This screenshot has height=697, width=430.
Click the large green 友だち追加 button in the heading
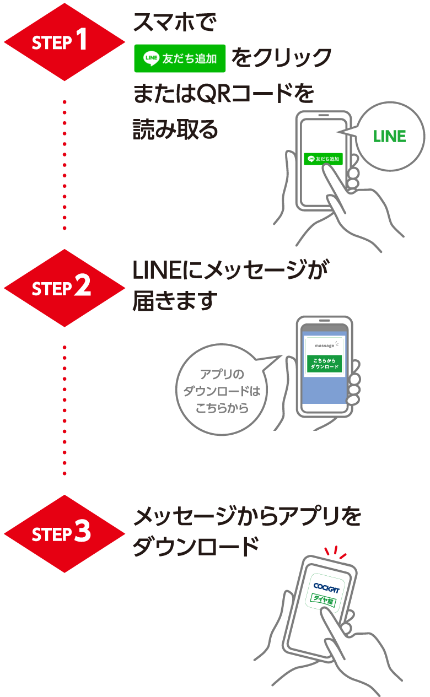click(180, 58)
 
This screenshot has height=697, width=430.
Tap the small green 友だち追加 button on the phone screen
click(324, 159)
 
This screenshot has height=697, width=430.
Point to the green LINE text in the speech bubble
click(389, 136)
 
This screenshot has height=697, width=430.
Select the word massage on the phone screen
click(324, 345)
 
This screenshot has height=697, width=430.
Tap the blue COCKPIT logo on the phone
click(326, 587)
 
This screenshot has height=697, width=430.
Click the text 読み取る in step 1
click(176, 130)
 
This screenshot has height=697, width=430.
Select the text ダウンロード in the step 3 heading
click(196, 547)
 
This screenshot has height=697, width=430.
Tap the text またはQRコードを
click(223, 95)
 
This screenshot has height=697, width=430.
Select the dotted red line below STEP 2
click(64, 410)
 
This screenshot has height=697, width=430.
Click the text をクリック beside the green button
click(282, 58)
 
